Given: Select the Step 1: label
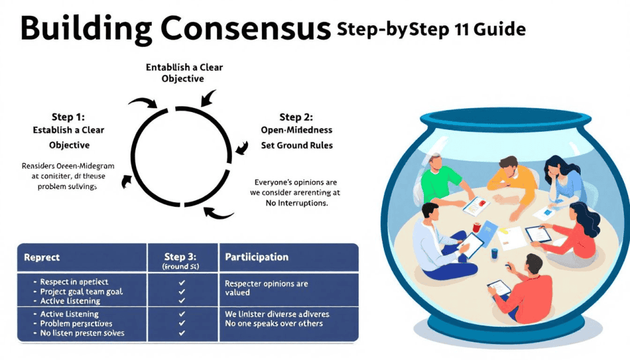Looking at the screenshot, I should coord(69,116).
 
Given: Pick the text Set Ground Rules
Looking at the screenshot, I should coord(297,145).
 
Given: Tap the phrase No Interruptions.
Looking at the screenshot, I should coord(295,202).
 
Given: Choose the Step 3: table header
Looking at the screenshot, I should coord(182,257).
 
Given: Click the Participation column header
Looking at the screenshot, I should coord(257,257).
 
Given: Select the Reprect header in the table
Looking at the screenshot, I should coord(42,257).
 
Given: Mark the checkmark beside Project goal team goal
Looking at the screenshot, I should coord(181,292).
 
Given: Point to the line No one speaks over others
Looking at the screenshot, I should coord(274,324).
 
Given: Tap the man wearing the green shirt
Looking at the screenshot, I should coord(440,181).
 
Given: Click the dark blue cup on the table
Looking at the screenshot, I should coord(494,254).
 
